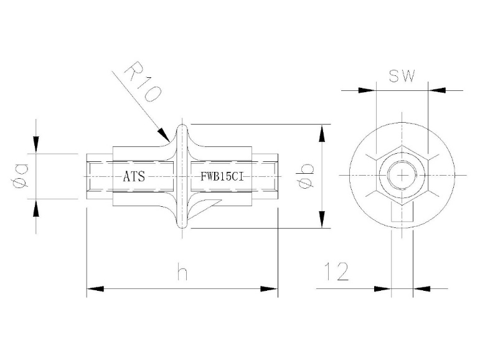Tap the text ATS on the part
pos(133,177)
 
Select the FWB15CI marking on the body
pos(222,177)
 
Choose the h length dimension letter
pos(181,274)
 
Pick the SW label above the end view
pos(402,76)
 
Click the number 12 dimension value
pos(336,272)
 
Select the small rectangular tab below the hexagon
pos(402,214)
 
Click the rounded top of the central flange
pos(182,128)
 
